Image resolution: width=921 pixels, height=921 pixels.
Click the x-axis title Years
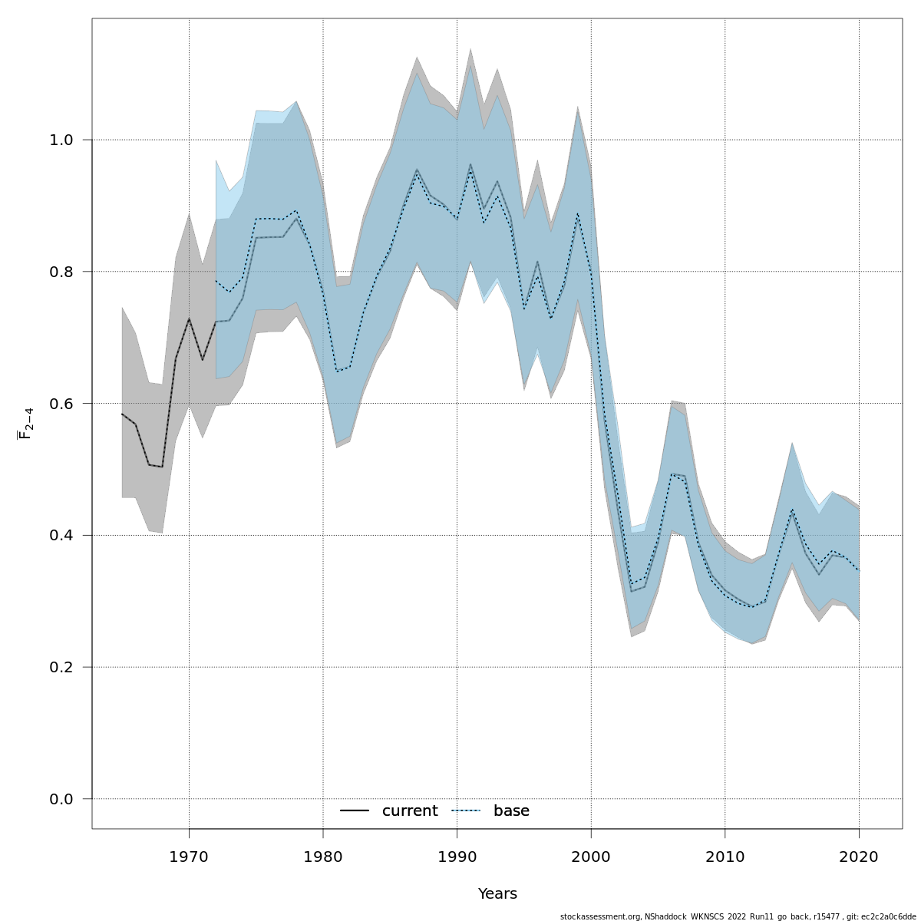(x=497, y=894)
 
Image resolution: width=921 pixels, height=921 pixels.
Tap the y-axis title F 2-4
(x=25, y=424)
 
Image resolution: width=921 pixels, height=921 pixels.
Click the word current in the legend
(x=410, y=811)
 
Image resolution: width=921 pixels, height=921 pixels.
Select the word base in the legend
(x=511, y=811)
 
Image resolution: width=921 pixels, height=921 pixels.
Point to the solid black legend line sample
(x=355, y=811)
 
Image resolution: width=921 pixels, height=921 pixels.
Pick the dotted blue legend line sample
(x=466, y=811)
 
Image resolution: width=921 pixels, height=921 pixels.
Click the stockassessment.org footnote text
(x=738, y=916)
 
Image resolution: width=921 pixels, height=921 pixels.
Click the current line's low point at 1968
(x=162, y=467)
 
